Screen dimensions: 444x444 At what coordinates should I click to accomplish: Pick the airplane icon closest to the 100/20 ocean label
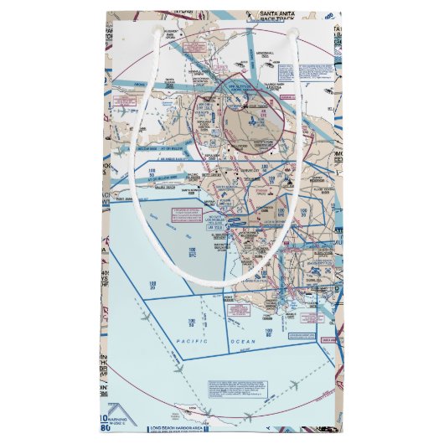click(148, 316)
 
